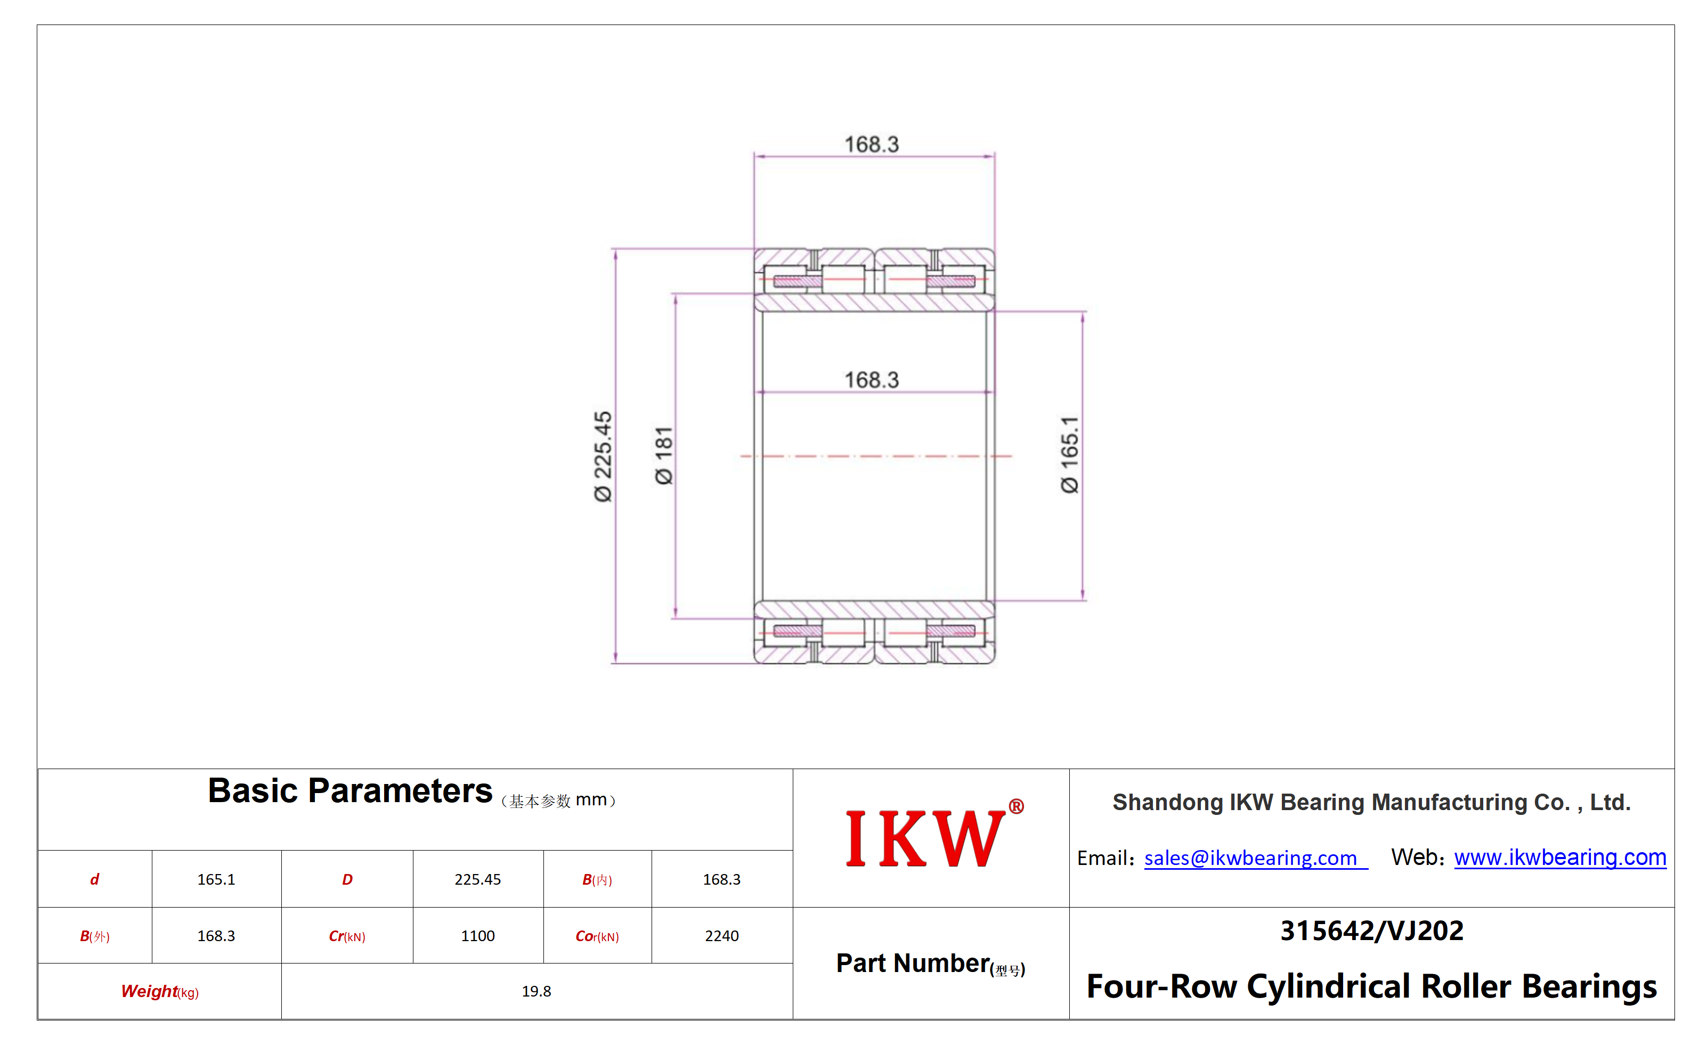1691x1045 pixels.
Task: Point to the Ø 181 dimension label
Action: click(664, 455)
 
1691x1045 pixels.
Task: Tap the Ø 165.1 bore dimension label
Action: click(1069, 455)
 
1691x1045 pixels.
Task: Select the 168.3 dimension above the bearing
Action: click(872, 144)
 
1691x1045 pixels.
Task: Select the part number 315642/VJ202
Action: click(1371, 931)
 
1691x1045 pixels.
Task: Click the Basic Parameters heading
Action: click(350, 790)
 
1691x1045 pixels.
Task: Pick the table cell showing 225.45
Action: click(478, 879)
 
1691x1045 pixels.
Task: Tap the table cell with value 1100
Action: click(478, 936)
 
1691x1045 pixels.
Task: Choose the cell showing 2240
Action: click(722, 936)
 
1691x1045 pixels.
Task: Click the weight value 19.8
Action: click(536, 991)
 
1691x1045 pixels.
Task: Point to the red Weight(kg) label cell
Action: click(160, 991)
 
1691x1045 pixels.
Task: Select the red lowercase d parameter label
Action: click(95, 879)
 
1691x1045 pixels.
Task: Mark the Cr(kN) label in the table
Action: click(347, 936)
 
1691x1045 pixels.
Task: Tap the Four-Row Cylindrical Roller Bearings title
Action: click(1371, 986)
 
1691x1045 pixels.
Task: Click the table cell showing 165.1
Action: click(216, 879)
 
